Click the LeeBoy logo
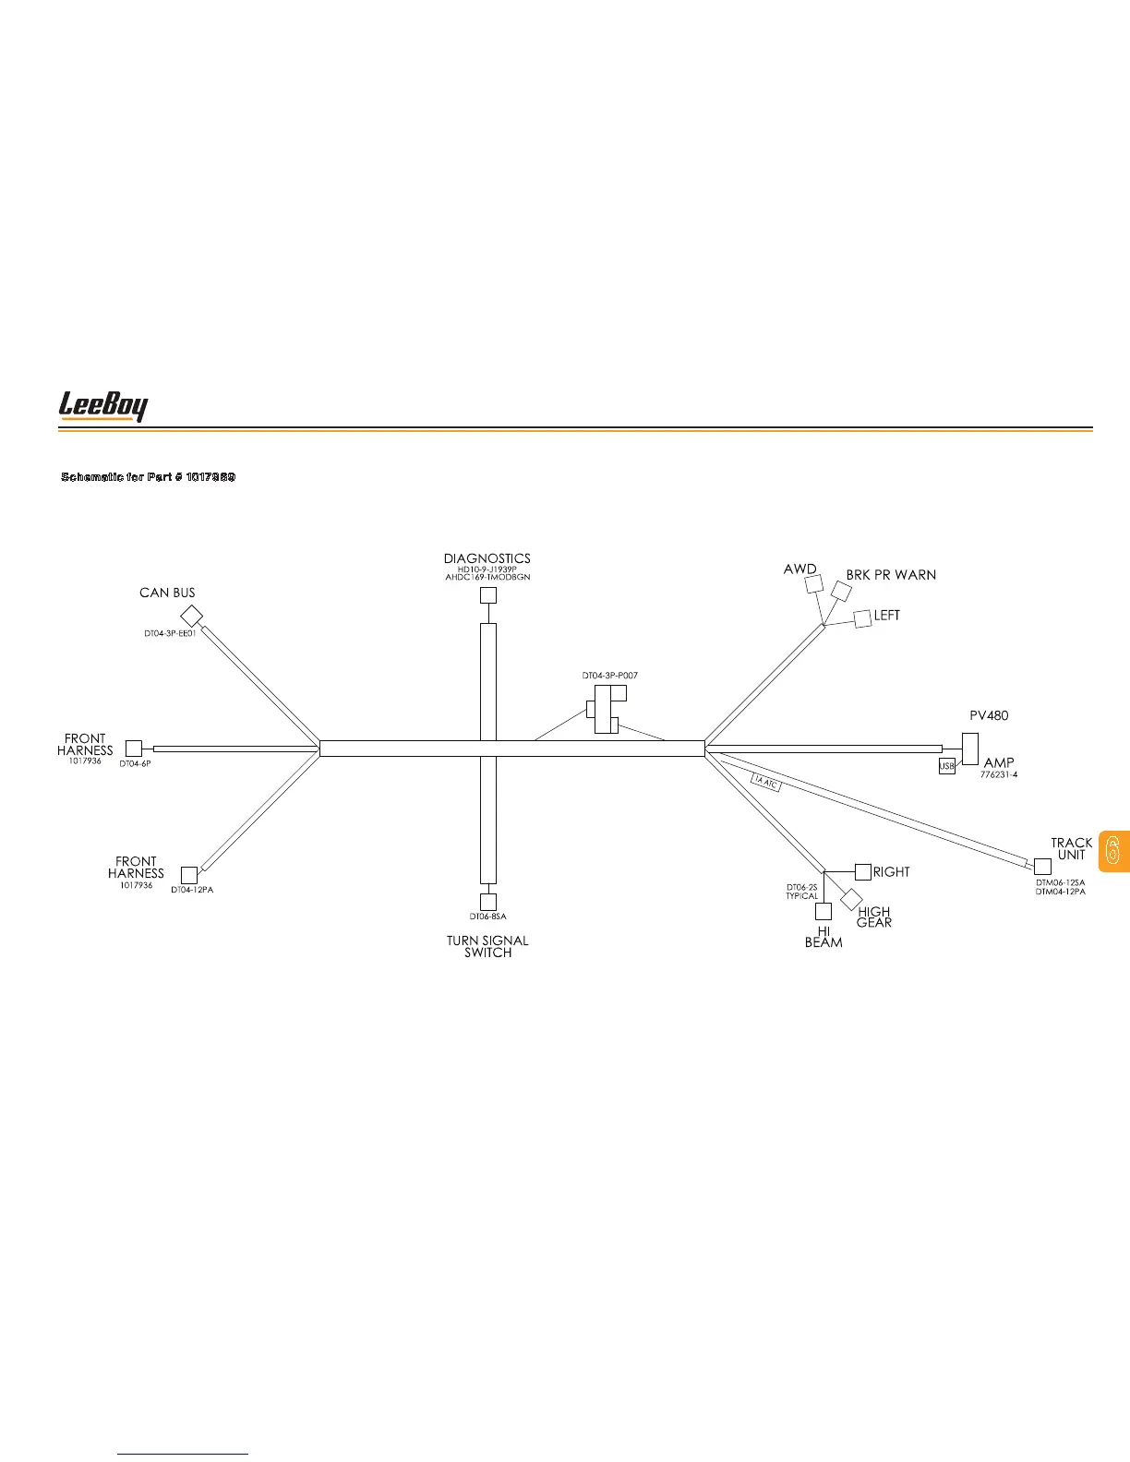[103, 406]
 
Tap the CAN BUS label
[167, 593]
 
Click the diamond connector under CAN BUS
[191, 616]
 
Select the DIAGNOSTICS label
[487, 558]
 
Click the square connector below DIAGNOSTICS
[488, 595]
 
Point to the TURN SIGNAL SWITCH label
[487, 946]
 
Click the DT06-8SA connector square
[488, 902]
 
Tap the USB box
[946, 766]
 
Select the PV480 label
[989, 715]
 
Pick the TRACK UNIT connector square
[1042, 867]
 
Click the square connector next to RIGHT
[863, 871]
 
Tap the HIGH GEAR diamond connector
[851, 899]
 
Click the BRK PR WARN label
[891, 575]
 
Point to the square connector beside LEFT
[863, 618]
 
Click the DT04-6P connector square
[134, 749]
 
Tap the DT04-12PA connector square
[189, 875]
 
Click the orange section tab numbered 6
[1113, 849]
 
